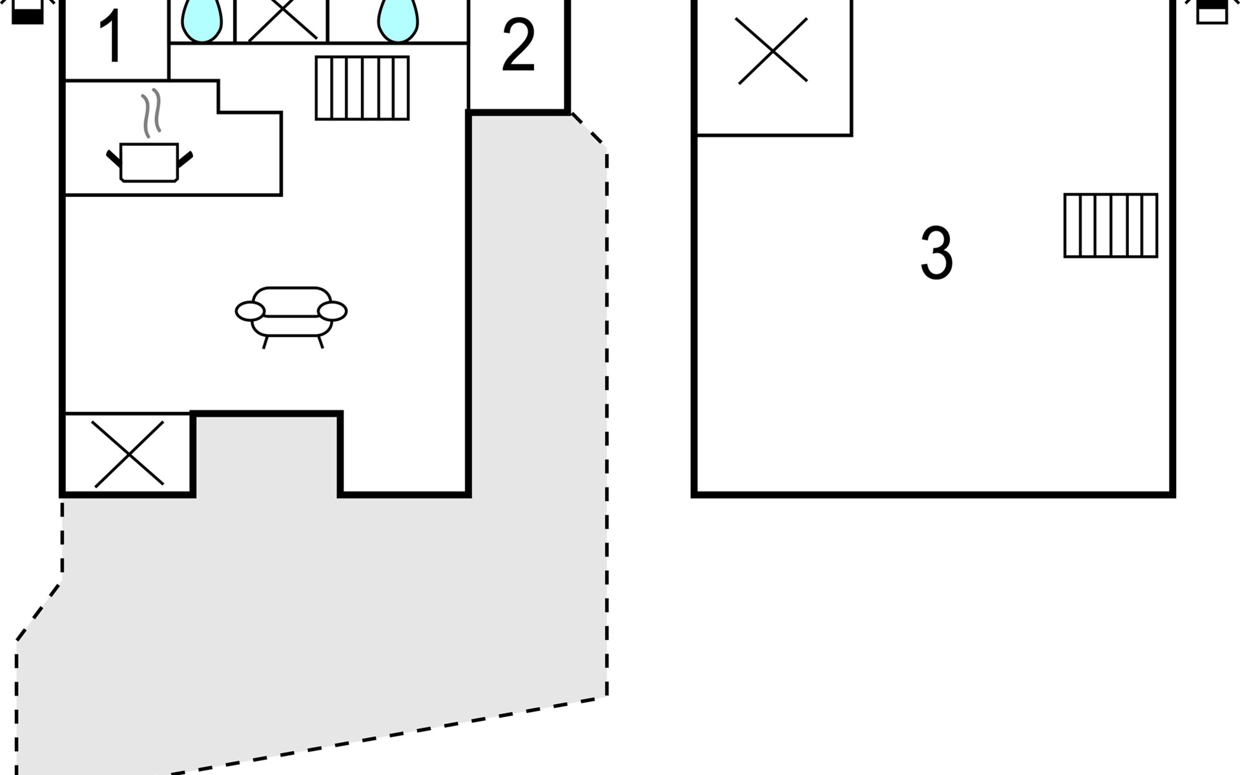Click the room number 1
(x=112, y=37)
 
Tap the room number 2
(x=518, y=45)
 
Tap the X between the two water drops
(x=283, y=19)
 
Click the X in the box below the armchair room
(x=129, y=454)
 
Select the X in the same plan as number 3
(x=772, y=50)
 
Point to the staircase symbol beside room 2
(x=362, y=88)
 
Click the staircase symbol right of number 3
(x=1111, y=225)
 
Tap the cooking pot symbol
(x=149, y=162)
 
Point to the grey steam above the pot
(x=151, y=113)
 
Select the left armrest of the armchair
(x=250, y=311)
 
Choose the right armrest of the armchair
(x=333, y=311)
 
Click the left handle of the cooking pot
(x=114, y=158)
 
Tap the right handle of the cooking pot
(x=185, y=159)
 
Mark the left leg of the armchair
(x=265, y=342)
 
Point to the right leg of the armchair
(x=320, y=342)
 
